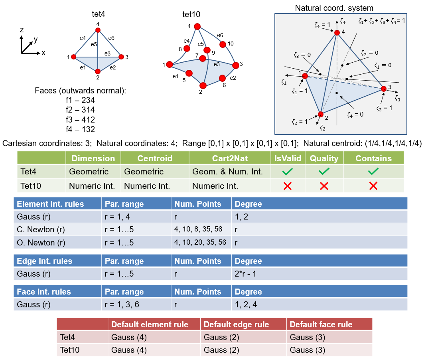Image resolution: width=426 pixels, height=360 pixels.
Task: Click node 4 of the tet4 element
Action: [x=98, y=30]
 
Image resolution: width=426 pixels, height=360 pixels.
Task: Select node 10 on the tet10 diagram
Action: [x=223, y=44]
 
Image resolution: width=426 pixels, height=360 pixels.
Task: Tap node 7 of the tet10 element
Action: [x=203, y=59]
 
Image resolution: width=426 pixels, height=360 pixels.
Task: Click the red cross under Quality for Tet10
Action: [x=324, y=186]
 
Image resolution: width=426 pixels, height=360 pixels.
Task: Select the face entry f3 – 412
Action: [x=81, y=119]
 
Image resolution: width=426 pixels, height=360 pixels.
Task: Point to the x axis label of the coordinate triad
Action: [x=43, y=53]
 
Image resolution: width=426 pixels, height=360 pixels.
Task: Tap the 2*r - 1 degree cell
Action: [x=249, y=274]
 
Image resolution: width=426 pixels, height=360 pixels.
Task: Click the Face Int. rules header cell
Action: [x=44, y=292]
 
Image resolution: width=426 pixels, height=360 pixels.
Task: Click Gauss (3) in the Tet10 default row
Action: [x=307, y=350]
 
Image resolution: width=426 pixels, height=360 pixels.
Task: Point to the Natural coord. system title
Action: [x=334, y=8]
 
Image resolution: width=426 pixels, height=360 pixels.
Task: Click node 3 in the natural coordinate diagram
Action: [x=384, y=89]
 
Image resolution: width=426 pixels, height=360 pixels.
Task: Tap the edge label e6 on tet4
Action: [x=111, y=38]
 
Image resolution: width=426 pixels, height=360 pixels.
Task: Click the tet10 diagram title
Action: [x=191, y=15]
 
